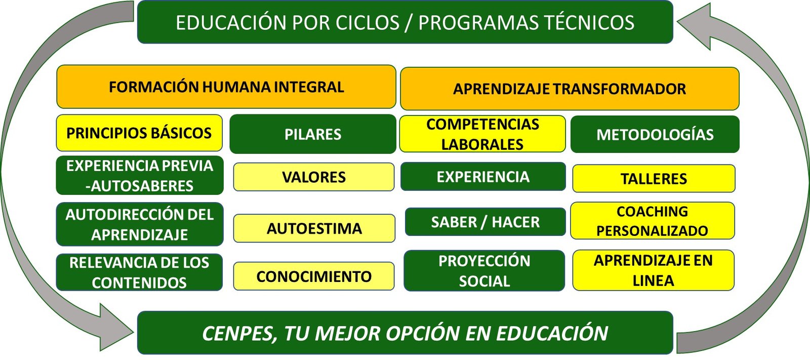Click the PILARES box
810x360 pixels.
click(313, 134)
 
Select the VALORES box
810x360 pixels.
click(314, 177)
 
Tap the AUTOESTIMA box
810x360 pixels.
click(314, 228)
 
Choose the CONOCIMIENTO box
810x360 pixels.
click(314, 276)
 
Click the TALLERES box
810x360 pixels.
click(654, 178)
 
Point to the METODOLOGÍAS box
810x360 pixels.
click(655, 134)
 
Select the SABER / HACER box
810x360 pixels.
click(485, 222)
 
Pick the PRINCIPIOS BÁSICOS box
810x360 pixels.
click(139, 133)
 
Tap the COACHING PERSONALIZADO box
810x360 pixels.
click(653, 221)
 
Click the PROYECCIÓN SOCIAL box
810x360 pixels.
click(484, 271)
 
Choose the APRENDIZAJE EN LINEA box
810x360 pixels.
click(654, 270)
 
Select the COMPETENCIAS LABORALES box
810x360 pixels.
click(482, 134)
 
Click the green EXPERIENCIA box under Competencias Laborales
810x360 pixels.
click(483, 177)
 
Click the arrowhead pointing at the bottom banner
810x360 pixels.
click(116, 328)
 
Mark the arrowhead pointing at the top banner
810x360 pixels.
click(694, 25)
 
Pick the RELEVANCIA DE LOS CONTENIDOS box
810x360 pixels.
click(139, 272)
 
